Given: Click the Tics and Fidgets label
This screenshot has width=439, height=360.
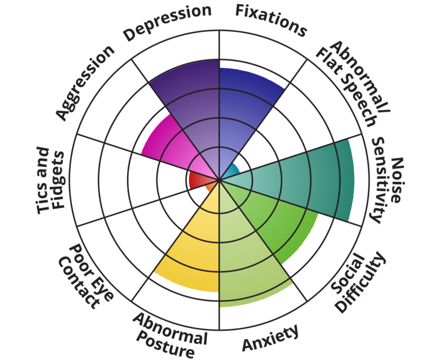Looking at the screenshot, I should click(50, 180).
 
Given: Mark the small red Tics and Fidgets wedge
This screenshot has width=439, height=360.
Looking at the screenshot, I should click(197, 179).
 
